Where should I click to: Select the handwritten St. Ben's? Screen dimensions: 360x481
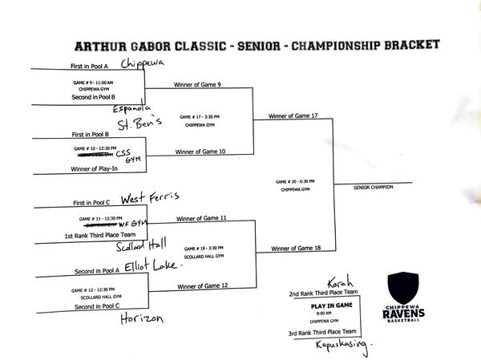(x=140, y=123)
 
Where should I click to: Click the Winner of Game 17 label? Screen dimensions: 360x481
(x=294, y=116)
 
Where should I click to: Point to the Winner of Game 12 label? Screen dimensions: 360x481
(x=202, y=285)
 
